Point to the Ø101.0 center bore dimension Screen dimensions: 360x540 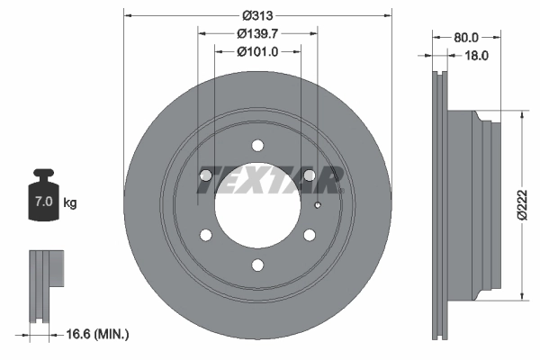pyautogui.click(x=257, y=51)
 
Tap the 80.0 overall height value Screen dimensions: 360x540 pyautogui.click(x=465, y=38)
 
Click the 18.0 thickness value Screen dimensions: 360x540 pyautogui.click(x=475, y=55)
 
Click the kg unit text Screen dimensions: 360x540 pyautogui.click(x=70, y=202)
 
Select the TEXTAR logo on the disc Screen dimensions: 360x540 pyautogui.click(x=269, y=180)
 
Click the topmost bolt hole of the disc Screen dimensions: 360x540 pyautogui.click(x=257, y=145)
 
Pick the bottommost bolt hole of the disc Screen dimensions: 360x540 pyautogui.click(x=257, y=265)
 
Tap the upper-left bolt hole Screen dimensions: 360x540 pyautogui.click(x=205, y=175)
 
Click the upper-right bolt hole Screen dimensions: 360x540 pyautogui.click(x=310, y=175)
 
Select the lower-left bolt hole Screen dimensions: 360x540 pyautogui.click(x=205, y=235)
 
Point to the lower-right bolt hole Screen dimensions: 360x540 pyautogui.click(x=310, y=235)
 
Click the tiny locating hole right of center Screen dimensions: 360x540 pyautogui.click(x=318, y=205)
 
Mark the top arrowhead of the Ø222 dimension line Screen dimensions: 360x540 pyautogui.click(x=522, y=115)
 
